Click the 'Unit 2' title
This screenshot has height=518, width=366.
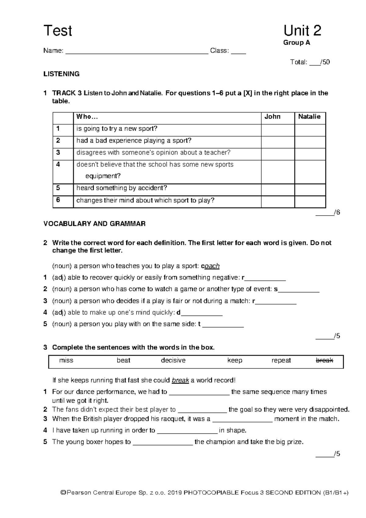click(302, 31)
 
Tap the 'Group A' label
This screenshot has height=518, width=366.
click(296, 43)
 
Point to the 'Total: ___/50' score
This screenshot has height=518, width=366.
click(310, 62)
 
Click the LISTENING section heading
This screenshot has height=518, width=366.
click(61, 74)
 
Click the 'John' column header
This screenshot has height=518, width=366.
click(272, 117)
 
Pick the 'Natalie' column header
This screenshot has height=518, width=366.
click(309, 117)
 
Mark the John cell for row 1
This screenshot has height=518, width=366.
click(278, 130)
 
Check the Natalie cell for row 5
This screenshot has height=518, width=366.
click(310, 190)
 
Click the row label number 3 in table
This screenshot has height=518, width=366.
click(58, 152)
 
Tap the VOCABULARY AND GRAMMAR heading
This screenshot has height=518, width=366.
click(94, 224)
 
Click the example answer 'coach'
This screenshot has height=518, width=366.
click(212, 266)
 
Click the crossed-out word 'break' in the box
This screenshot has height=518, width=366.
click(324, 360)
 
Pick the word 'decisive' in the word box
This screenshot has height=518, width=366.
click(173, 360)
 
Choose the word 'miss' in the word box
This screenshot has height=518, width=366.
click(66, 360)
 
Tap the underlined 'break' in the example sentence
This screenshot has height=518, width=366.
click(181, 381)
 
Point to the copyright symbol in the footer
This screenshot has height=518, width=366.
click(63, 493)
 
